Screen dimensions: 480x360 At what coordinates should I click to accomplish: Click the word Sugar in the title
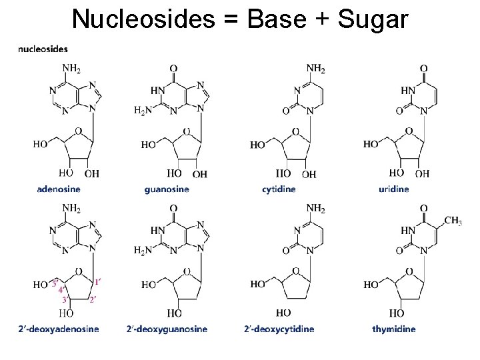pyautogui.click(x=373, y=19)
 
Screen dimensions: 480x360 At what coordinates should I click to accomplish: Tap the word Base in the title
pyautogui.click(x=277, y=19)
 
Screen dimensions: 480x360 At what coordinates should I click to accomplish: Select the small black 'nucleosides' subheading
pyautogui.click(x=43, y=49)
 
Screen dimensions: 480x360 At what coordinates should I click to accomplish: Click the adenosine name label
pyautogui.click(x=59, y=189)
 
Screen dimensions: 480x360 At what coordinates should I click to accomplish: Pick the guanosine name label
pyautogui.click(x=167, y=189)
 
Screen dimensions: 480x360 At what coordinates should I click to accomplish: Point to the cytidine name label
pyautogui.click(x=279, y=189)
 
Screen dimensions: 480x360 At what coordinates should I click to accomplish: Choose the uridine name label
pyautogui.click(x=394, y=189)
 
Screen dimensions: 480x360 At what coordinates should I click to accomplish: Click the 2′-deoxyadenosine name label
pyautogui.click(x=59, y=329)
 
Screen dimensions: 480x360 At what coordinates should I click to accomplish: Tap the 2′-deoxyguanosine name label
pyautogui.click(x=167, y=329)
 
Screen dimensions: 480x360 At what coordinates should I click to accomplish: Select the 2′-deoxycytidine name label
pyautogui.click(x=279, y=329)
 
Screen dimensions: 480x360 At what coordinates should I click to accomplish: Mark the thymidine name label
pyautogui.click(x=394, y=329)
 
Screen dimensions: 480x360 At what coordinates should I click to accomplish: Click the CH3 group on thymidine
pyautogui.click(x=453, y=221)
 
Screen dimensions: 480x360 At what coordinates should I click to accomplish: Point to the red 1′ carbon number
pyautogui.click(x=97, y=282)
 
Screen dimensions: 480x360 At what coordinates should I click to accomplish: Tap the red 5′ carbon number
pyautogui.click(x=55, y=283)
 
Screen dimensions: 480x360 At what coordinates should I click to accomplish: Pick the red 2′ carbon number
pyautogui.click(x=93, y=300)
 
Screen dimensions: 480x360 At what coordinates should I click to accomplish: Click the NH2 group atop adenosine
pyautogui.click(x=71, y=68)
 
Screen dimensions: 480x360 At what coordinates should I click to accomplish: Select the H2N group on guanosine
pyautogui.click(x=143, y=109)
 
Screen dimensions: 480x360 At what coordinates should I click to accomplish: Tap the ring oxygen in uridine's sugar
pyautogui.click(x=409, y=131)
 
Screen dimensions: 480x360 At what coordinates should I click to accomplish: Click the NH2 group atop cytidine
pyautogui.click(x=315, y=68)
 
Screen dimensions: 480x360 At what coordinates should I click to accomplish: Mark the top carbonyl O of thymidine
pyautogui.click(x=424, y=209)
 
